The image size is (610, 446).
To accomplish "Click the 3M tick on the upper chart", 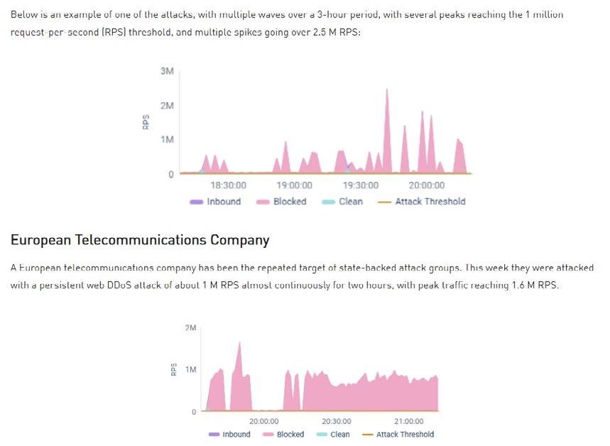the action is [167, 71].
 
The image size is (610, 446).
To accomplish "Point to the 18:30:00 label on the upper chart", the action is [229, 185].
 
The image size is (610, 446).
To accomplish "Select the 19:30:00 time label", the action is [361, 185].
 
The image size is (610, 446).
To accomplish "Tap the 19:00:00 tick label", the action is [295, 185].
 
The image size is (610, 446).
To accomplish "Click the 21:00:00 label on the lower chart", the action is [409, 421].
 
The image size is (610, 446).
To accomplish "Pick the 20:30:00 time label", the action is [337, 421].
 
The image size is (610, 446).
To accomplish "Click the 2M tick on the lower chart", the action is [190, 327].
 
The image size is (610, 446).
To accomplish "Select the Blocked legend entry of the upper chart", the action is [281, 202].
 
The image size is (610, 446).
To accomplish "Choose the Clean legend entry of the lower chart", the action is [333, 435].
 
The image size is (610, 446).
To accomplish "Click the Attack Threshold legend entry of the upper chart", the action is [422, 202].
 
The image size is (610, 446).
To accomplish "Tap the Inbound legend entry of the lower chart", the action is [229, 435].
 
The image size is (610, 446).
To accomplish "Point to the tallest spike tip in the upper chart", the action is [387, 89].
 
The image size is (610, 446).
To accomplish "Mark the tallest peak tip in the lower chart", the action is [239, 342].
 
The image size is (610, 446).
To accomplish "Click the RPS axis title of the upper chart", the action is [146, 122].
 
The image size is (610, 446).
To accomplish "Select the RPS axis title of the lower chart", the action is [174, 369].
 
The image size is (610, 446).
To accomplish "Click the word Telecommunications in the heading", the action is [141, 240].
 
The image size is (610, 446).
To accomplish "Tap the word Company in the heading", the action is [239, 241].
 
